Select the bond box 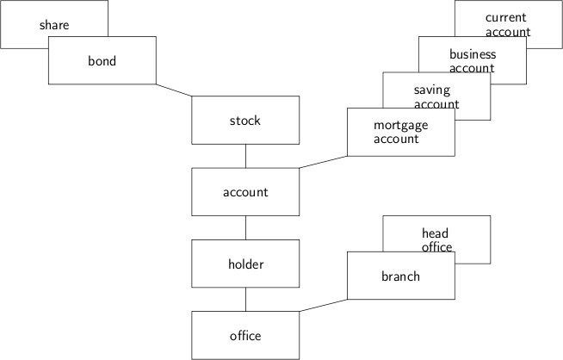click(x=102, y=61)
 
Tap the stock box click(x=245, y=121)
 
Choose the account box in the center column click(x=245, y=192)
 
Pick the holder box click(x=245, y=264)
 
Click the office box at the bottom click(x=245, y=335)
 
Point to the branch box click(x=400, y=276)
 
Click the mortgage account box click(x=400, y=132)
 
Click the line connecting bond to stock click(x=174, y=90)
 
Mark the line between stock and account click(x=246, y=156)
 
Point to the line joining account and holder click(x=246, y=227)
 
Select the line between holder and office click(x=246, y=299)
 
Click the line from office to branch click(x=323, y=306)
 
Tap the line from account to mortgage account click(x=323, y=162)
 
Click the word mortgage click(x=400, y=125)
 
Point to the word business click(x=473, y=54)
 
